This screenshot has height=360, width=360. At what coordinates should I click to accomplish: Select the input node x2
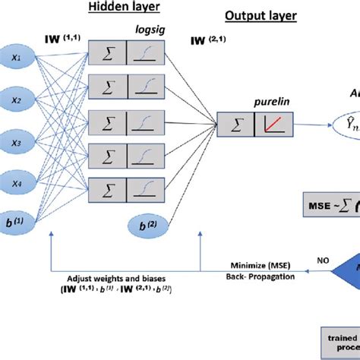15,99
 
